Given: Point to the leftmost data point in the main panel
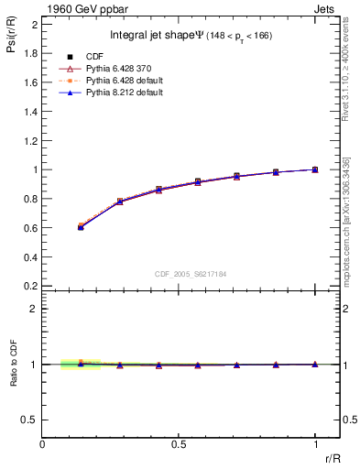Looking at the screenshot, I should coord(81,226).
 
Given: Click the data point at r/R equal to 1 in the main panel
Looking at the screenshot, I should coord(315,169).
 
